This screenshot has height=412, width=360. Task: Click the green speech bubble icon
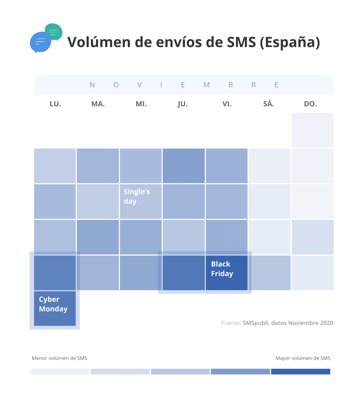point(55,31)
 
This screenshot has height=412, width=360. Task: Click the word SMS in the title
point(241,42)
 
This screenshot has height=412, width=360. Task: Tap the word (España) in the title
point(290,42)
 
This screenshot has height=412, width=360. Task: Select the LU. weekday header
point(55,104)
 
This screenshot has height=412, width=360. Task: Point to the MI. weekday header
point(141,104)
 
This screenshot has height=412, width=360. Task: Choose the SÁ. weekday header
point(268,104)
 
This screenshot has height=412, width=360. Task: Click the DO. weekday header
point(310,104)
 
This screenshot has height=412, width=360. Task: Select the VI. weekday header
point(227,104)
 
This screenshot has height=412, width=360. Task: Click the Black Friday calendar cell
point(226,273)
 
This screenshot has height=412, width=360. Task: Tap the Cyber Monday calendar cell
point(55,308)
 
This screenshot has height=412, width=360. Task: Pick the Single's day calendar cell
point(141,201)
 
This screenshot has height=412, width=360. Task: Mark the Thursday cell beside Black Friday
point(184,273)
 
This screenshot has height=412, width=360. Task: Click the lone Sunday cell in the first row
point(313,130)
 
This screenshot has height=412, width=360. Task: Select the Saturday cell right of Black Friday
point(269,273)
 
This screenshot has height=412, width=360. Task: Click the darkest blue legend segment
point(300,372)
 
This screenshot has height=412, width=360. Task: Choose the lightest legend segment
point(60,372)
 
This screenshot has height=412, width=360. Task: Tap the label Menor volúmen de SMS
point(60,358)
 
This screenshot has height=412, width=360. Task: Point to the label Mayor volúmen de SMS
point(303,358)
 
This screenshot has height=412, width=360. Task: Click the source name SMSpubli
point(256,323)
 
